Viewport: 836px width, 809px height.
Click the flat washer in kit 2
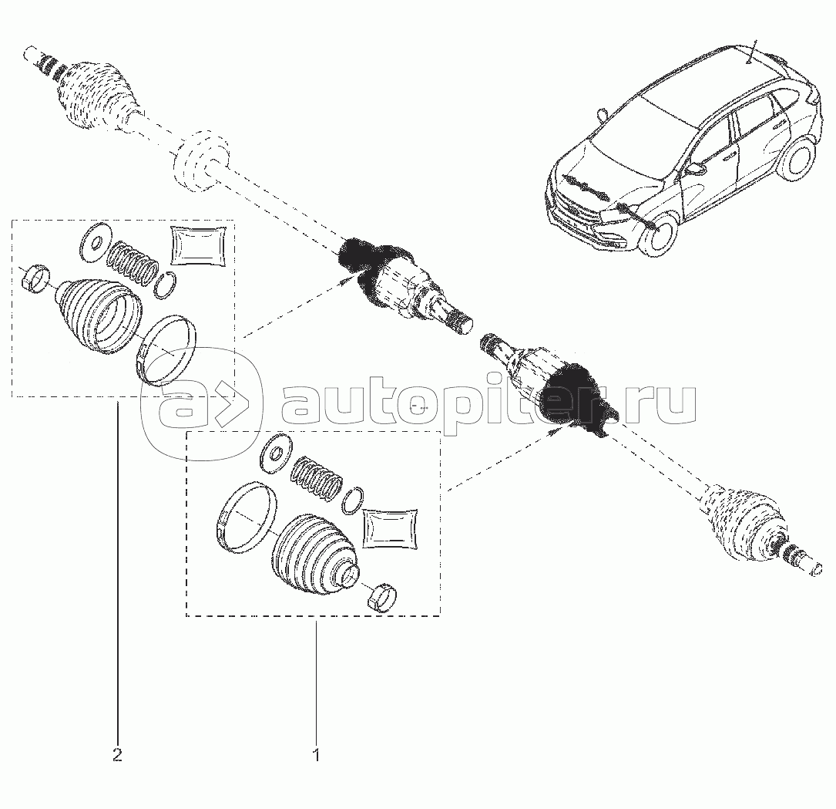[95, 244]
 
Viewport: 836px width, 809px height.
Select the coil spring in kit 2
[133, 263]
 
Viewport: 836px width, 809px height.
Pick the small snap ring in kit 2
[166, 285]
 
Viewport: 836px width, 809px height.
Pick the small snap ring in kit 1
[351, 501]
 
